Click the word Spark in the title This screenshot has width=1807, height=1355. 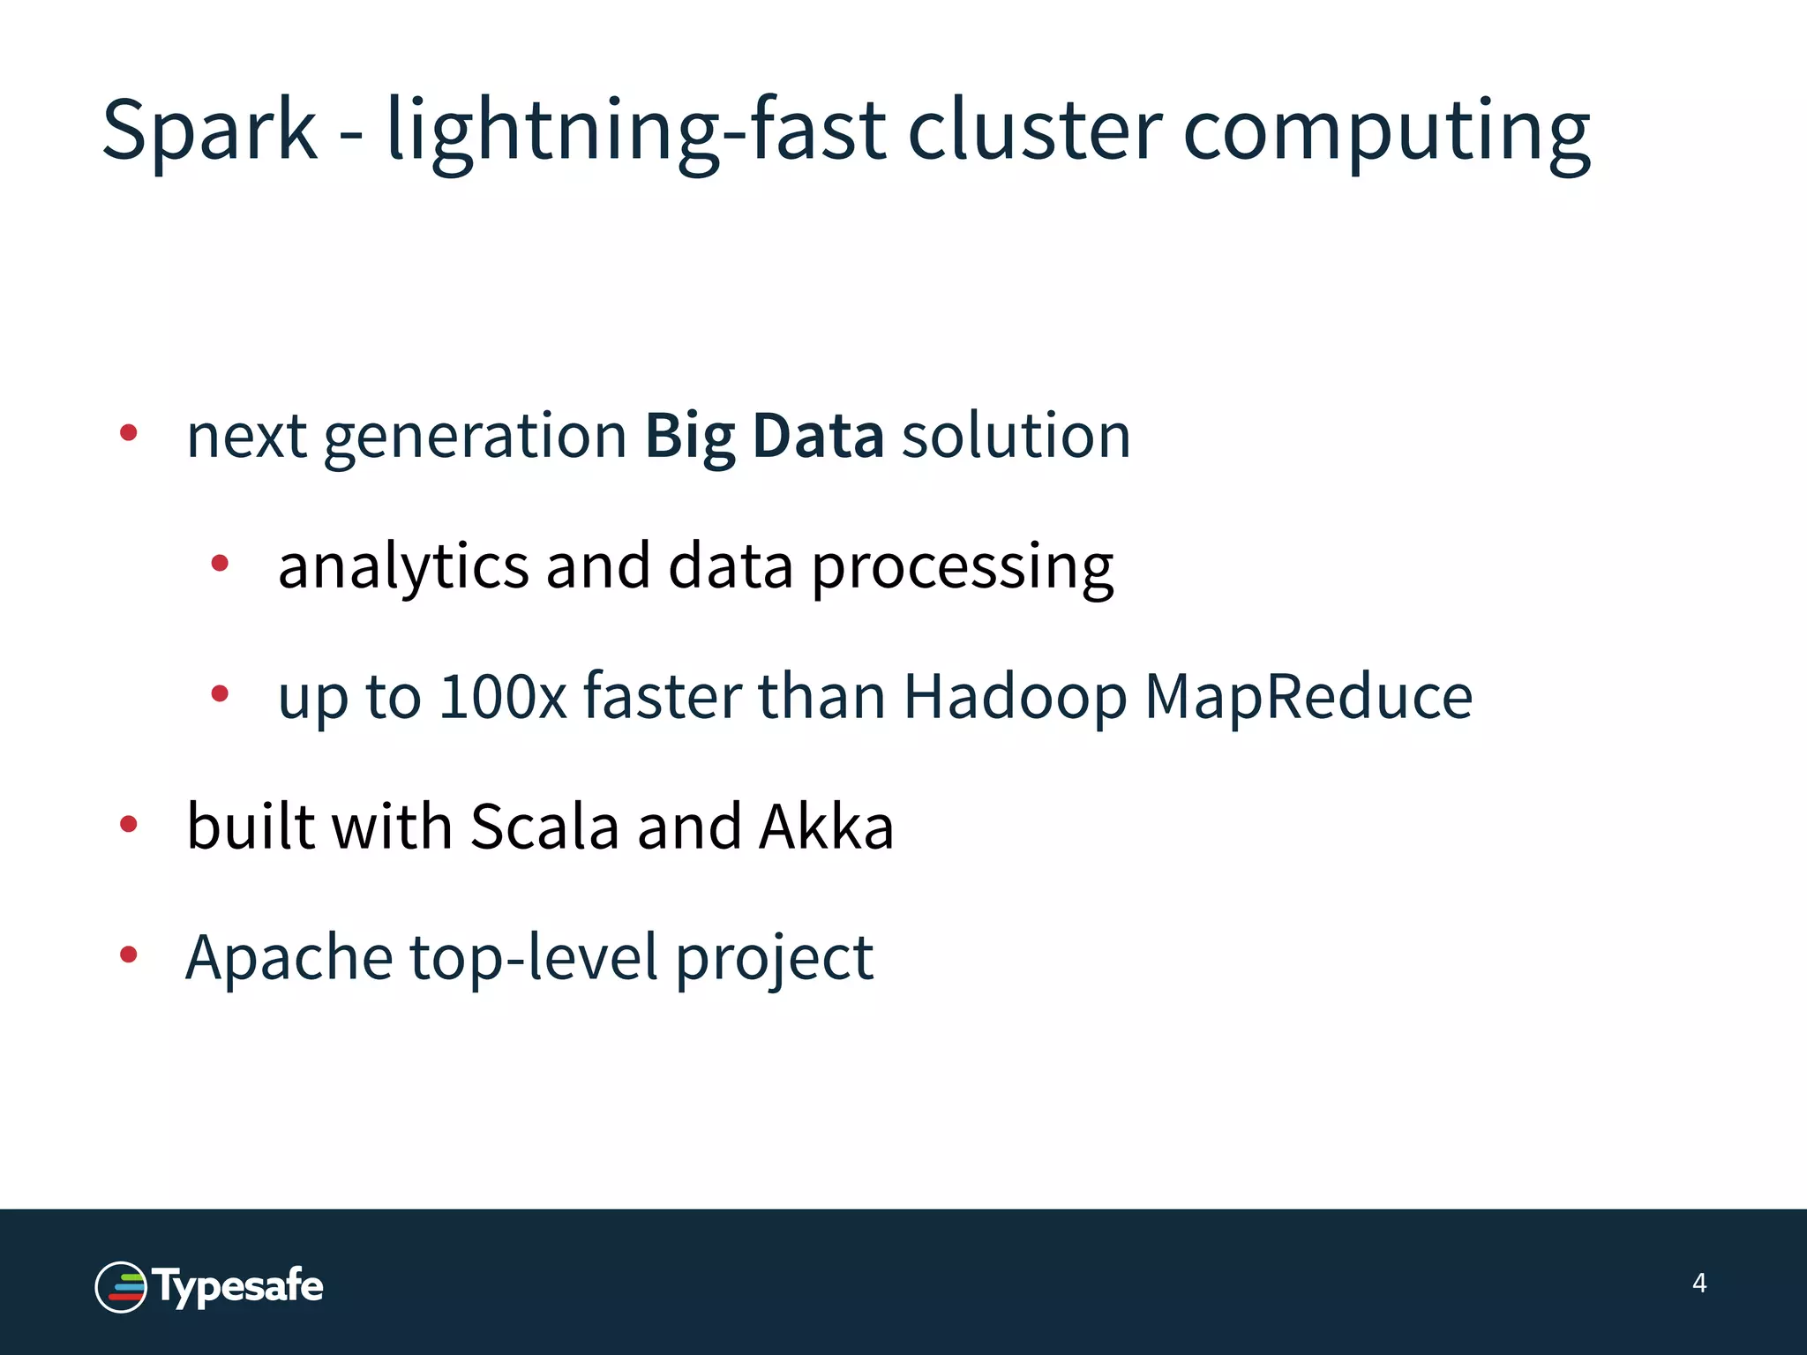[x=209, y=131]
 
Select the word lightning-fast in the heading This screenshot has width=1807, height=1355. [x=636, y=131]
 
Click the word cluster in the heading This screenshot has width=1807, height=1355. [x=1035, y=131]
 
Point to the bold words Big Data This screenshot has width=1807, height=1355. [x=764, y=436]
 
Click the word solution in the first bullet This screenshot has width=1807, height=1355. [x=1016, y=436]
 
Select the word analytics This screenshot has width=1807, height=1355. [x=403, y=566]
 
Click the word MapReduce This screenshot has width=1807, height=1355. [x=1308, y=697]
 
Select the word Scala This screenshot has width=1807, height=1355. [x=544, y=827]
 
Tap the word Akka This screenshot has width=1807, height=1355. [x=827, y=827]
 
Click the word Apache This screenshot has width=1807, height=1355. [x=289, y=958]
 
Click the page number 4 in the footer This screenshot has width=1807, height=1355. [x=1699, y=1283]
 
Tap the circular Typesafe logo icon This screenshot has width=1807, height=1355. [x=121, y=1286]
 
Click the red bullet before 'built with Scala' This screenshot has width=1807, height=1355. [x=129, y=824]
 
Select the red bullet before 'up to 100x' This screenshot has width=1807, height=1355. [x=220, y=693]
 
